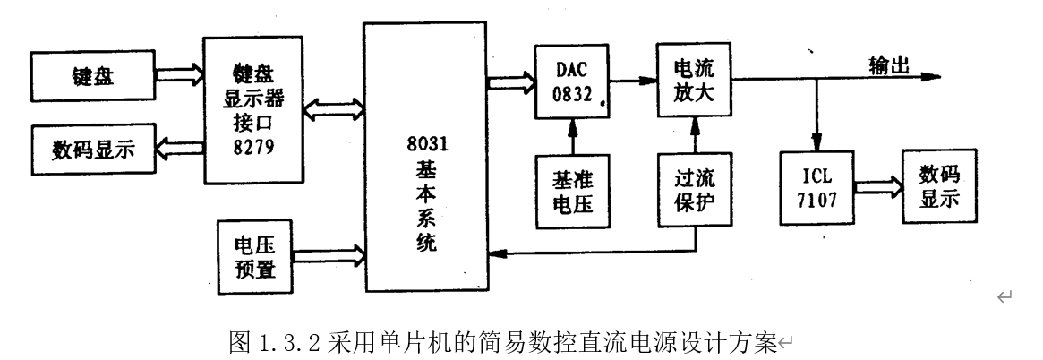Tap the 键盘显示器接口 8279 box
click(x=253, y=108)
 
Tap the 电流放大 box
click(x=695, y=80)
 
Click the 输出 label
click(x=889, y=64)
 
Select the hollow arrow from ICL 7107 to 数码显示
click(x=876, y=187)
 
